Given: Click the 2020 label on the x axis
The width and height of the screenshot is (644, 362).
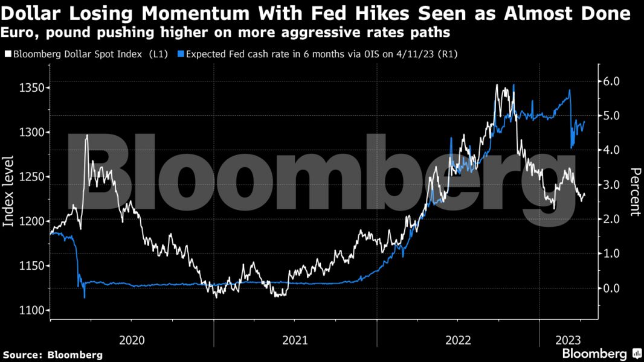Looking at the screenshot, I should (132, 340).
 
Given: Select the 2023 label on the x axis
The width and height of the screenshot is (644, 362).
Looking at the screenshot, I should (568, 340).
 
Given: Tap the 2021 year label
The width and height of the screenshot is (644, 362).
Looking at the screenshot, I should (295, 340).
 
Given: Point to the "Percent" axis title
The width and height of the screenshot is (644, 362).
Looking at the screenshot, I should (635, 192).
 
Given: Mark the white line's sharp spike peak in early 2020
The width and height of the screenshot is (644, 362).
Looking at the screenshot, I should (87, 135).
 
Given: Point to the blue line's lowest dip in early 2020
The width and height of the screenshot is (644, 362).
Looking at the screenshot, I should (85, 297).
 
